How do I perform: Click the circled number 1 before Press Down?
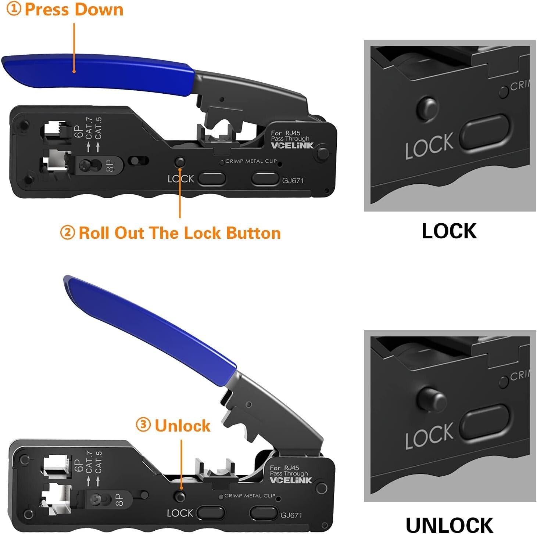(x=14, y=9)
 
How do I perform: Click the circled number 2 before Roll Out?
(x=67, y=233)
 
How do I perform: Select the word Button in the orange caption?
(x=253, y=233)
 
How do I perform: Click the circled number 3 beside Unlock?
(x=143, y=425)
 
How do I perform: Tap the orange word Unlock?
(x=182, y=426)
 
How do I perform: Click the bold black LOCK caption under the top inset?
(x=449, y=231)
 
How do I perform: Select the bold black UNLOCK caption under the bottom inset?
(x=449, y=525)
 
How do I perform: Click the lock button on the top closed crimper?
(x=180, y=162)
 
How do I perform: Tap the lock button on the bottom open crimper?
(x=180, y=496)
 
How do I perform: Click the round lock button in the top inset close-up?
(x=427, y=108)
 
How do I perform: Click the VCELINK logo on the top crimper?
(x=292, y=145)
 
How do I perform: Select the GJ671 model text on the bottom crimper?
(x=291, y=515)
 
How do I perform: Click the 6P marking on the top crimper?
(x=78, y=131)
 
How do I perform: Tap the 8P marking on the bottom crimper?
(x=119, y=499)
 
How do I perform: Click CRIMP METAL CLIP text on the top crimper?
(x=251, y=161)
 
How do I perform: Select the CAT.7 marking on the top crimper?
(x=89, y=128)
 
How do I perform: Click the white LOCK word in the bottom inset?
(x=429, y=437)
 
